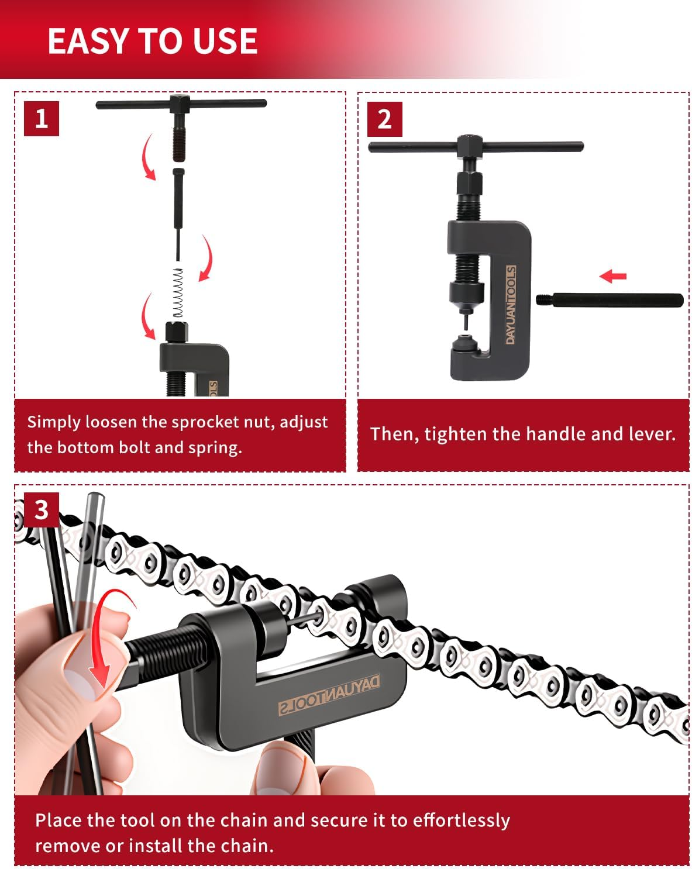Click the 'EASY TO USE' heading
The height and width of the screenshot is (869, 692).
coord(152,41)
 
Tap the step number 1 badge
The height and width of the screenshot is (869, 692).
coord(41,119)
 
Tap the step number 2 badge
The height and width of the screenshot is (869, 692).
coord(384,119)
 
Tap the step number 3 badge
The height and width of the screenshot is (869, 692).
coord(41,509)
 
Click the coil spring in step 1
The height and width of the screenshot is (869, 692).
coord(178,293)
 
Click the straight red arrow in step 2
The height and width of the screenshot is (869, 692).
coord(613,275)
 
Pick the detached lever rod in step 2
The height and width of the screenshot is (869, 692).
coord(610,300)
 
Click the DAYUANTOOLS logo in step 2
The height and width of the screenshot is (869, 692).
coord(511,305)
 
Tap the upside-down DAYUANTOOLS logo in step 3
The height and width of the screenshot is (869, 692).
coord(329,694)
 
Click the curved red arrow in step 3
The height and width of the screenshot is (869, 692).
coord(111,637)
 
